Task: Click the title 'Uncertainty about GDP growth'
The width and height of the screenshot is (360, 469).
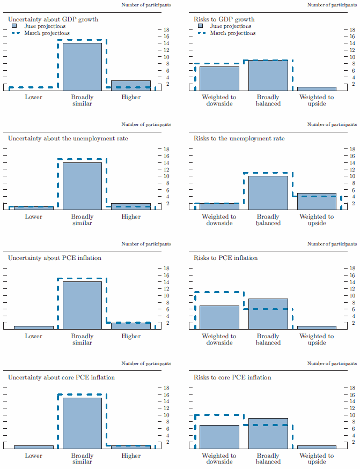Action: [x=53, y=19]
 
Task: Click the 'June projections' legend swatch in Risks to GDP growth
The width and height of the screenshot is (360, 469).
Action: [x=200, y=26]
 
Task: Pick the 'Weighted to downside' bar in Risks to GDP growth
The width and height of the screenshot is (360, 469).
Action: [x=219, y=78]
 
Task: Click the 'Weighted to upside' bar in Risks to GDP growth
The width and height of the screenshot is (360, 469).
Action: [x=317, y=88]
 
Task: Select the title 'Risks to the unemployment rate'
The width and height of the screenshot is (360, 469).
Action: [x=239, y=139]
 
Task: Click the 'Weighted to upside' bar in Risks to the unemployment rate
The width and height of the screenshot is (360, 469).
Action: [x=317, y=201]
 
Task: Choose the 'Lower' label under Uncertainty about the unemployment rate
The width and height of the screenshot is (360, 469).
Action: [x=33, y=217]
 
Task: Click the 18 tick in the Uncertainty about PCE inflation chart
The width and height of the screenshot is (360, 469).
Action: [x=166, y=269]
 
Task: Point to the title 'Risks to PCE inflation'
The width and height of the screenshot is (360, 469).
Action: [x=226, y=258]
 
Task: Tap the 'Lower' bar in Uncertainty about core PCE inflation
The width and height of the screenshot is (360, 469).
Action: [x=33, y=446]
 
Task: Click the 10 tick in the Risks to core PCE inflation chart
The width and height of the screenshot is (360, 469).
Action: [x=351, y=415]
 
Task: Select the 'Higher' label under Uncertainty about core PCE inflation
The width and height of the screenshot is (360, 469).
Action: [x=131, y=456]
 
